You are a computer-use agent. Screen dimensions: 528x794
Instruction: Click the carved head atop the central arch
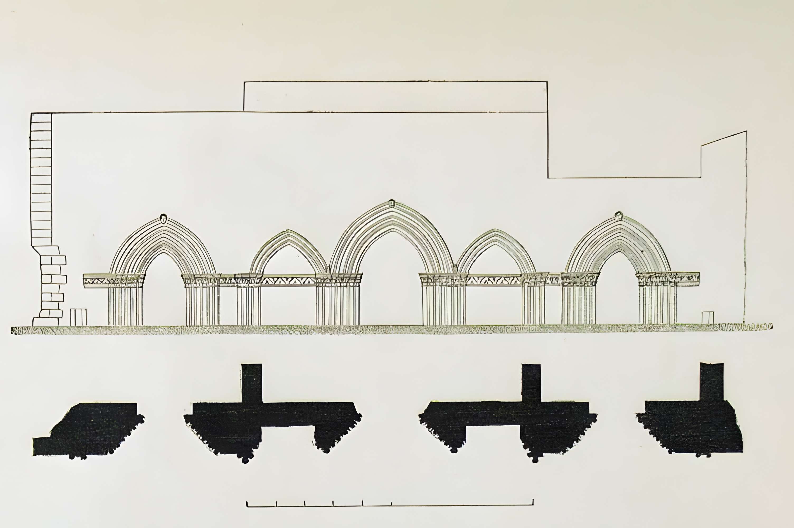coord(391,203)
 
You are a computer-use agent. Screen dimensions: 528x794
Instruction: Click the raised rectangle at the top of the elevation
coord(395,97)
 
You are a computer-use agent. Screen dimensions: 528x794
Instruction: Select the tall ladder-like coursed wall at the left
coord(41,178)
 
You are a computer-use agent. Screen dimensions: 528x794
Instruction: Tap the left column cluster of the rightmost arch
coord(579,300)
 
